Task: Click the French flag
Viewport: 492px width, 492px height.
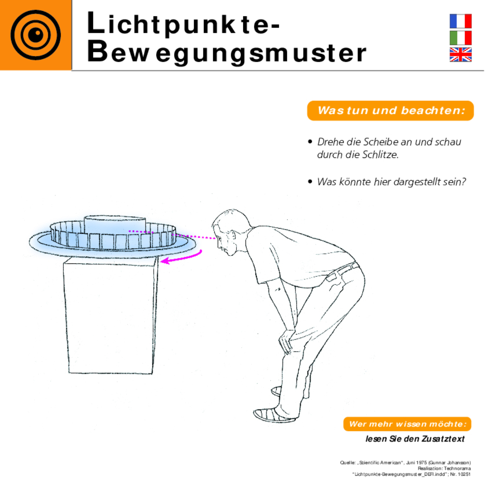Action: [460, 21]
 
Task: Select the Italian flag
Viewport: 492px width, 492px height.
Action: [460, 38]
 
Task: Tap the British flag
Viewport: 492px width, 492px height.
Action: [460, 55]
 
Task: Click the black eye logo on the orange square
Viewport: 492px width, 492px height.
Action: [36, 35]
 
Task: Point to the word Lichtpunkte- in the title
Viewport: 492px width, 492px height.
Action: [183, 23]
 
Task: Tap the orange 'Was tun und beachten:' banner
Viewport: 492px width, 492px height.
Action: [390, 111]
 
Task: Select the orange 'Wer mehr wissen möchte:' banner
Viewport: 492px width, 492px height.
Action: [407, 424]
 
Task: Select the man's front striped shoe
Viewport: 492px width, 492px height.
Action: [274, 415]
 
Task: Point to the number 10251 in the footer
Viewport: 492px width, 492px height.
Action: [464, 475]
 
